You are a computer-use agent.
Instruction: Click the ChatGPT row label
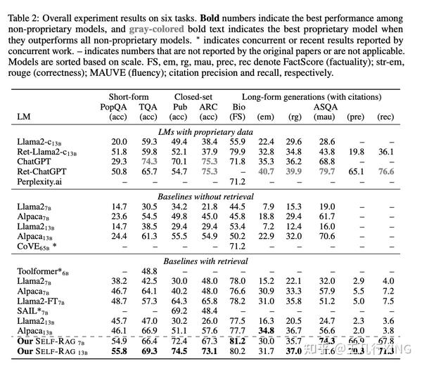(x=38, y=161)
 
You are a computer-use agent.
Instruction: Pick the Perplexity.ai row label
(x=44, y=181)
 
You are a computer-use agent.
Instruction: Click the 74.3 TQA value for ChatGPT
(x=148, y=161)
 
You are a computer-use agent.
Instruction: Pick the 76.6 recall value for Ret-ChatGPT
(x=386, y=171)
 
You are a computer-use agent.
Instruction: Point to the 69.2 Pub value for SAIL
(x=180, y=309)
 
